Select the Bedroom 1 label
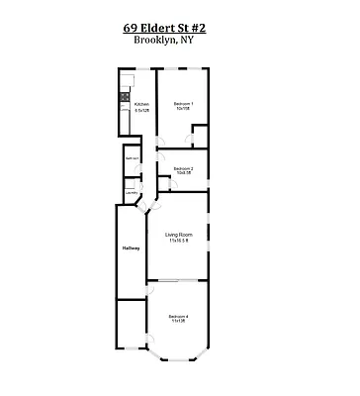point(183,103)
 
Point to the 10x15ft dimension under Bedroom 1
point(183,109)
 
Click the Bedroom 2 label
point(182,169)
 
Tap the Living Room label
point(178,235)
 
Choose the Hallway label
point(131,247)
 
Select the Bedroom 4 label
point(178,316)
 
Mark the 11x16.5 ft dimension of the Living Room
point(178,242)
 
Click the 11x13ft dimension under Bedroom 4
point(178,322)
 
